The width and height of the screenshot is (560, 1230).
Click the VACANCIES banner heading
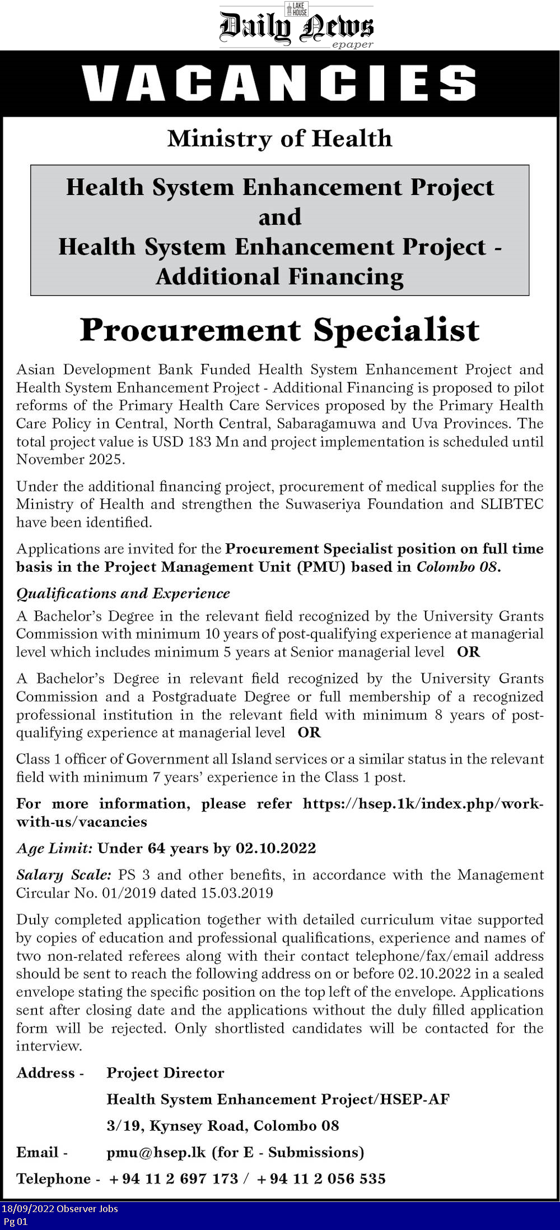tap(279, 84)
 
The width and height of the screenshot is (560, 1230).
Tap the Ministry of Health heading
tap(279, 138)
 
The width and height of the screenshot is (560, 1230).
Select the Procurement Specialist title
tap(279, 330)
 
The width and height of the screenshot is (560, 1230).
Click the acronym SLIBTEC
tap(512, 504)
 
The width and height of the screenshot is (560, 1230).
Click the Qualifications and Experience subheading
tap(123, 593)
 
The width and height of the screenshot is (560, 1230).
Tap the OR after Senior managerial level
tap(468, 652)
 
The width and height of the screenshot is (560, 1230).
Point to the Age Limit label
tap(54, 848)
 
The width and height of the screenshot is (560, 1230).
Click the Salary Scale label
tap(64, 875)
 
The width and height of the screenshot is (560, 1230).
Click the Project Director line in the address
tap(165, 1073)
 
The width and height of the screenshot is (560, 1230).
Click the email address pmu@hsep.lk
tap(156, 1152)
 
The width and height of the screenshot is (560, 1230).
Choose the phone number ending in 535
tap(321, 1178)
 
